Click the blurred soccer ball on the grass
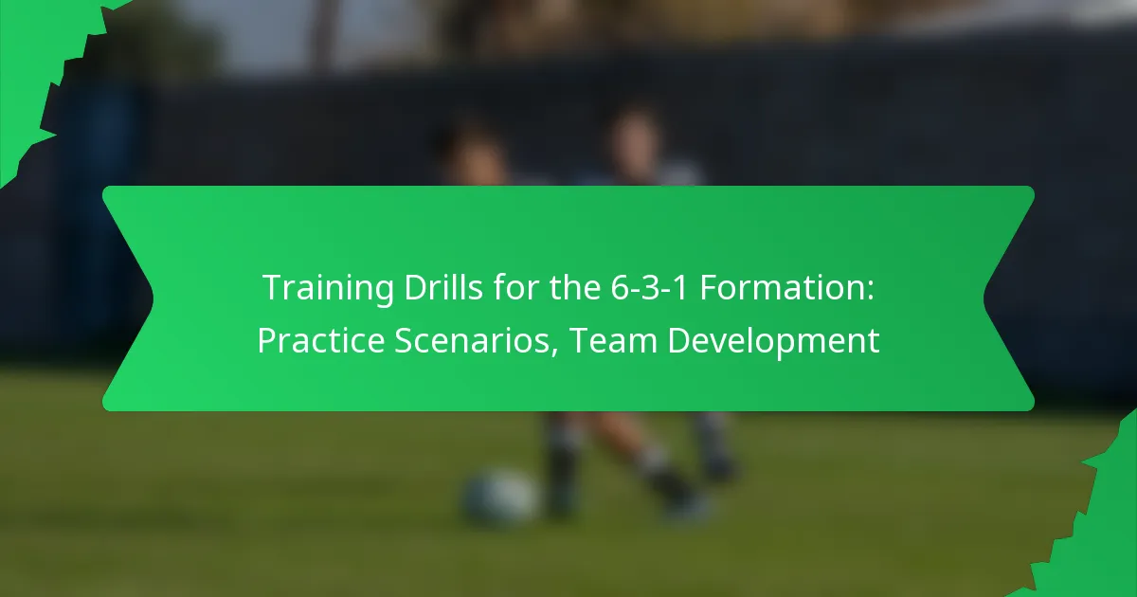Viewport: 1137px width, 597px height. coord(499,497)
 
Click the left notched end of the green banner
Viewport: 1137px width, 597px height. coord(128,298)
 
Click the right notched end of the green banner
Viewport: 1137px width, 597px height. coord(1009,298)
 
